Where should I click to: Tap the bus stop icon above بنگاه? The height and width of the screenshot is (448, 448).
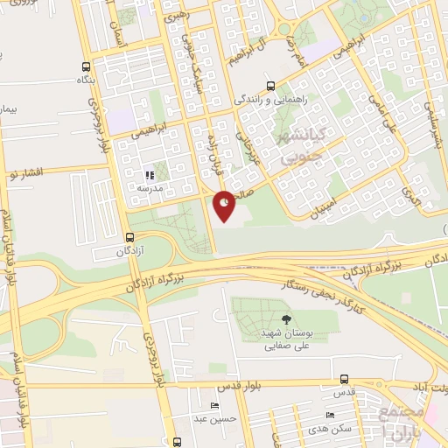(x=86, y=67)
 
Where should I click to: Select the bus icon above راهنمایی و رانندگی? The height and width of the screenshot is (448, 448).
(x=270, y=87)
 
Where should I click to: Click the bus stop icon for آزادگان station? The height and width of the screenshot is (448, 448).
(x=129, y=237)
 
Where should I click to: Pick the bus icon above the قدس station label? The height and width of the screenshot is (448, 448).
(x=344, y=380)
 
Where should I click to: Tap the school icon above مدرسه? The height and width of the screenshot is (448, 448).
(x=149, y=176)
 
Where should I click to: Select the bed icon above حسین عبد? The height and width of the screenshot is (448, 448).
(x=214, y=406)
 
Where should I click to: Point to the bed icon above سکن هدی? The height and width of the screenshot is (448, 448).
(x=329, y=415)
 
